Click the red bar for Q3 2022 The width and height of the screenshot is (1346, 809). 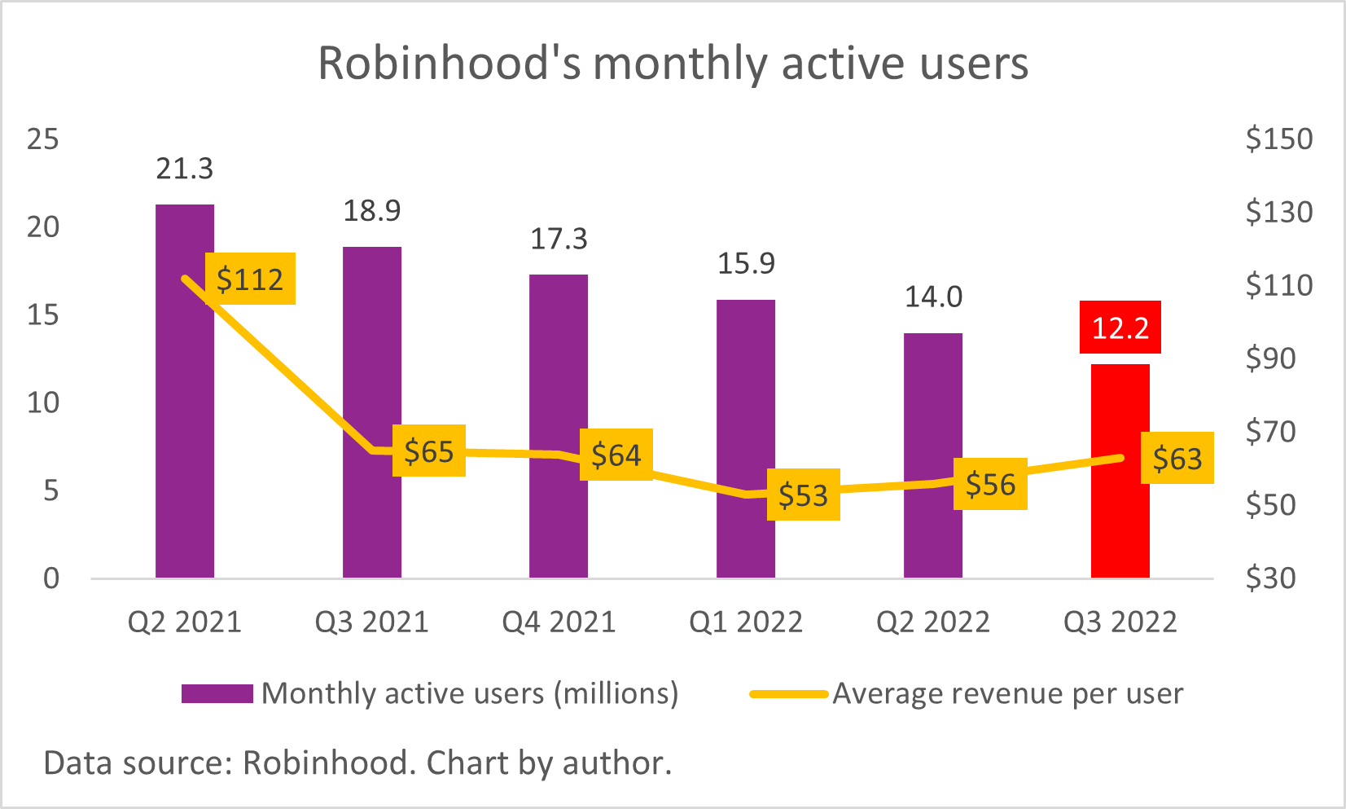(1120, 521)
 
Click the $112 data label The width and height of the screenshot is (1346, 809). (250, 279)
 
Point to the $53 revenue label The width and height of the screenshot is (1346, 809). (803, 495)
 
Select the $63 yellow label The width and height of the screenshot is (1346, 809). (1177, 459)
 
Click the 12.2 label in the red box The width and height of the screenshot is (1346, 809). (1120, 328)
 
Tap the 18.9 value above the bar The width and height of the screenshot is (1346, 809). (371, 211)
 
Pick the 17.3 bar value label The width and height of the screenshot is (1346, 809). (559, 239)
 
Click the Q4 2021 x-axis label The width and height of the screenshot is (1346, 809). (559, 622)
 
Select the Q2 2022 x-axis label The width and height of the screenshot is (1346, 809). (932, 622)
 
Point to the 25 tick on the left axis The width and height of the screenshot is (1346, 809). (43, 139)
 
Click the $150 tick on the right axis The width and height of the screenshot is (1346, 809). (1278, 139)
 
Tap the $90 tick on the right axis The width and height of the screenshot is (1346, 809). (1270, 358)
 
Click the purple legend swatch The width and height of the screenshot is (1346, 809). (217, 693)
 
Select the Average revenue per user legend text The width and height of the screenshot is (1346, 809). (1007, 693)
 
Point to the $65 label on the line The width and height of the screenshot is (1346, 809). (429, 451)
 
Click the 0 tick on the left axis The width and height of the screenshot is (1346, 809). (51, 578)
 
